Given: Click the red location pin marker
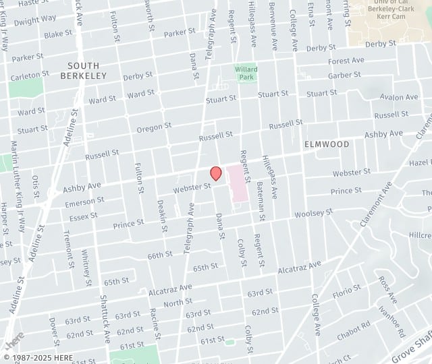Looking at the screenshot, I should [216, 173].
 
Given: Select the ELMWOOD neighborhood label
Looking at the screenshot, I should [327, 144].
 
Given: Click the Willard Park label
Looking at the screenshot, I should [246, 73].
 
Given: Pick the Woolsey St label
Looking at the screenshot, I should [313, 213].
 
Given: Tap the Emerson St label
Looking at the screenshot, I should [84, 201].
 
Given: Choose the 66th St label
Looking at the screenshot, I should [161, 255].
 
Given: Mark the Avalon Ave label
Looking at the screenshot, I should [399, 97].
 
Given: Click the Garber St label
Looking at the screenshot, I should [344, 75].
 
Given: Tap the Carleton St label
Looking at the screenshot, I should [30, 74].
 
